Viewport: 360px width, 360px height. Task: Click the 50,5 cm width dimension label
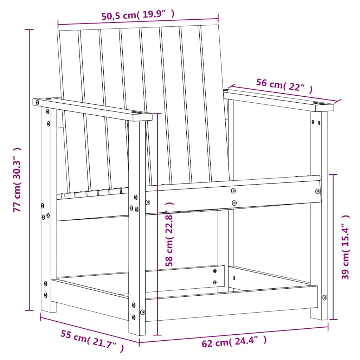pos(138,15)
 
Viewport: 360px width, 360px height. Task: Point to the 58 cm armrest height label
pos(169,234)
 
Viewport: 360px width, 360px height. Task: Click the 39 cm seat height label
pos(346,247)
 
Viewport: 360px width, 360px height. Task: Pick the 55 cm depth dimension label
pos(92,341)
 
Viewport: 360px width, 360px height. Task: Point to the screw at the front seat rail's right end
pos(318,191)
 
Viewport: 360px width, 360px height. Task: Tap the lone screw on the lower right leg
pos(324,297)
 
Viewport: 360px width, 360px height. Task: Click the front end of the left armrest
pos(141,116)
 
